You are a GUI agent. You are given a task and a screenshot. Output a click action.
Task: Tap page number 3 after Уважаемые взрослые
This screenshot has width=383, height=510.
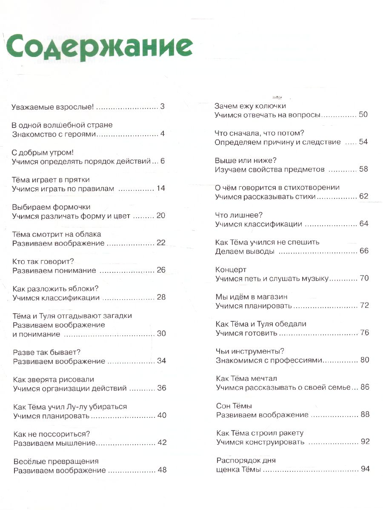[x=162, y=106]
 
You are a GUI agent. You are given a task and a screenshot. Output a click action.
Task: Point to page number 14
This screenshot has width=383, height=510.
[x=160, y=188]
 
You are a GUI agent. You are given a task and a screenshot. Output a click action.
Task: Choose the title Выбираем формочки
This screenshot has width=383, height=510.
[x=51, y=207]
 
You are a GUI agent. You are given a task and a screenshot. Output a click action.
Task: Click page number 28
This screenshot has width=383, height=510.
[x=161, y=297]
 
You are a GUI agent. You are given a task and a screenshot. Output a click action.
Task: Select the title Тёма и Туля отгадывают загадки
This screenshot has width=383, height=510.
[x=72, y=316]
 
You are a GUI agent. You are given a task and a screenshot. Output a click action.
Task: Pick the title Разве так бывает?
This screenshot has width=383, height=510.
[x=47, y=352]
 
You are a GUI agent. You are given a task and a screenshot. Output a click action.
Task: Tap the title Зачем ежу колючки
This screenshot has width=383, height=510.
[x=250, y=105]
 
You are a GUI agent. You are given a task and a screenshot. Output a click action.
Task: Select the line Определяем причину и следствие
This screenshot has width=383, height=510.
[x=278, y=142]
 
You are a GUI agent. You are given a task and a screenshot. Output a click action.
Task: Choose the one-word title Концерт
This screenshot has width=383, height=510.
[x=231, y=269]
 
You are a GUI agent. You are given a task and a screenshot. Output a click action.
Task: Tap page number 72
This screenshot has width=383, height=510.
[x=364, y=306]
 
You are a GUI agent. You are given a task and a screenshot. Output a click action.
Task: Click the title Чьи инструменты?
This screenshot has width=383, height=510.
[x=250, y=351]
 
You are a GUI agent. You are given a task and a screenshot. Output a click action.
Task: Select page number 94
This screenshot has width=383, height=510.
[x=365, y=469]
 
